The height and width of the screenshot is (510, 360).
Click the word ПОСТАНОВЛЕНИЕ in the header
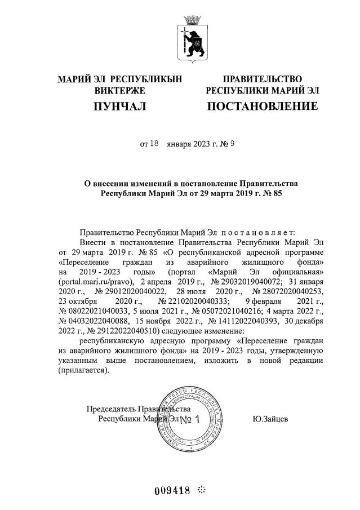262,107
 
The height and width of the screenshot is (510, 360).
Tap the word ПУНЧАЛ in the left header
119,107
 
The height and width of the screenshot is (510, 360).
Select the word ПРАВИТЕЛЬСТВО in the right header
262,79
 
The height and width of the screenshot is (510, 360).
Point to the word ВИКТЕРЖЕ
120,90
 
